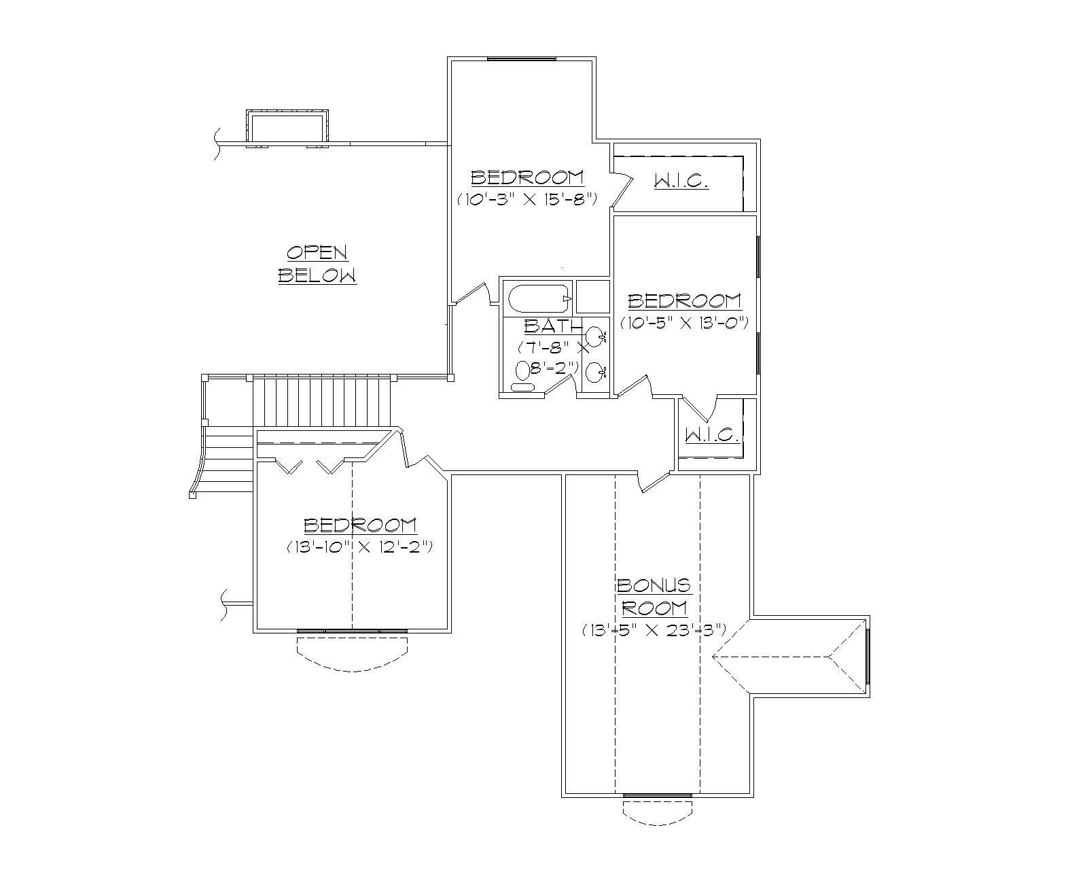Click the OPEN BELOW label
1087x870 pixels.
pos(317,264)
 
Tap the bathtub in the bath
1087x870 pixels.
pos(539,298)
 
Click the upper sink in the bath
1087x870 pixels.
pos(594,336)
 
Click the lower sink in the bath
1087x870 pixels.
pos(594,372)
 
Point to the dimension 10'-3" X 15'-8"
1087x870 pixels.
pos(527,199)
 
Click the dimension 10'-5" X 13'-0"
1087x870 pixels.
pos(684,323)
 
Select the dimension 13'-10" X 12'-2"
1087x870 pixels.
pos(359,546)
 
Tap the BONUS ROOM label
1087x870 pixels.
pos(654,596)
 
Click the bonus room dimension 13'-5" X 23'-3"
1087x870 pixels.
pos(654,630)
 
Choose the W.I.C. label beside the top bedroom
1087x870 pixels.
pos(681,181)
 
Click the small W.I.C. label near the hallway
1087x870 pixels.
pos(711,435)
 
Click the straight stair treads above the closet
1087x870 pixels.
pos(322,401)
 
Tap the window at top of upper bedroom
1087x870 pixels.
pos(522,59)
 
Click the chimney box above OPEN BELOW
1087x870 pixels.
pos(287,126)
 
